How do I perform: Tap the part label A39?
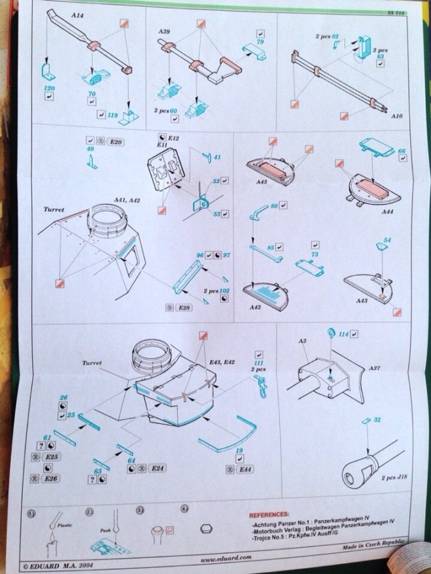pos(164,32)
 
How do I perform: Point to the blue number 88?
pos(275,205)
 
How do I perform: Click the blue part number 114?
pos(343,333)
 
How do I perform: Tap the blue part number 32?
pos(378,419)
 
